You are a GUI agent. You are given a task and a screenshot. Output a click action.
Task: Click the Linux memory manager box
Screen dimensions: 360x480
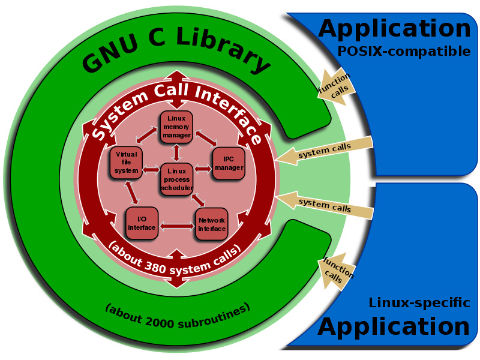click(176, 127)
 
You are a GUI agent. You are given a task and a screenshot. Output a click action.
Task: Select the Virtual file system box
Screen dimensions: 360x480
click(126, 163)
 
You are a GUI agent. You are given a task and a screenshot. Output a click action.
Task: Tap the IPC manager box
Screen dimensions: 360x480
click(229, 163)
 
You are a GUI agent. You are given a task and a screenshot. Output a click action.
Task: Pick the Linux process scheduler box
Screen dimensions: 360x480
click(176, 179)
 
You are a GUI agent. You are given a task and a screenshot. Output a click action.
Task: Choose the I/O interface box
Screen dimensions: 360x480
click(142, 223)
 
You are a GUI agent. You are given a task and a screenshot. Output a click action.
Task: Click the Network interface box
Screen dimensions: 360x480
click(211, 224)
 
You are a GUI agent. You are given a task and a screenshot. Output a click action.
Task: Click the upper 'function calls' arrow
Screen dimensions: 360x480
click(336, 86)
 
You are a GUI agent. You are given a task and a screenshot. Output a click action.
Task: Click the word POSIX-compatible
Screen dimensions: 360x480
click(404, 52)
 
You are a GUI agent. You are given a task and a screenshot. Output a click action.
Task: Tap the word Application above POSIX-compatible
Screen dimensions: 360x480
click(394, 28)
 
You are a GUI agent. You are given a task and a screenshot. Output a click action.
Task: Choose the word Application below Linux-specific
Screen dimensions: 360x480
click(394, 327)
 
